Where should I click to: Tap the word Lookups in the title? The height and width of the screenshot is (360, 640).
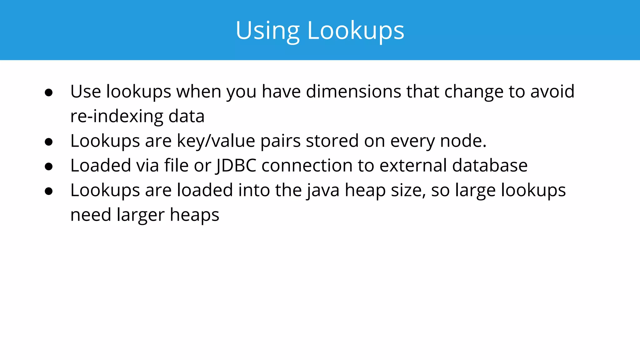pyautogui.click(x=356, y=31)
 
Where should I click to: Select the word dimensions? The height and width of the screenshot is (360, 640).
pyautogui.click(x=353, y=92)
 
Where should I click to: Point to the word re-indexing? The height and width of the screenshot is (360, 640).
pyautogui.click(x=117, y=116)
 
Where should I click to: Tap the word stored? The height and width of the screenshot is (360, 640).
pyautogui.click(x=332, y=141)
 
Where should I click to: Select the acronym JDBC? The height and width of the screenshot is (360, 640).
pyautogui.click(x=236, y=166)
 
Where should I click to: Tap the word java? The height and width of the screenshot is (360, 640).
pyautogui.click(x=322, y=190)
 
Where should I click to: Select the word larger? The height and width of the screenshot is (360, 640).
pyautogui.click(x=140, y=215)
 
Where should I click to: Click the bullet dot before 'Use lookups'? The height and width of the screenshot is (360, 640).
pyautogui.click(x=49, y=92)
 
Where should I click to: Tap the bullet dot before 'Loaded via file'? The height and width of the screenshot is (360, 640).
pyautogui.click(x=49, y=166)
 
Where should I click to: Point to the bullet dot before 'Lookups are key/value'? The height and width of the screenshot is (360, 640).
pyautogui.click(x=49, y=142)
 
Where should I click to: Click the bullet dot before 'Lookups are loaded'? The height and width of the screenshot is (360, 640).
pyautogui.click(x=49, y=191)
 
